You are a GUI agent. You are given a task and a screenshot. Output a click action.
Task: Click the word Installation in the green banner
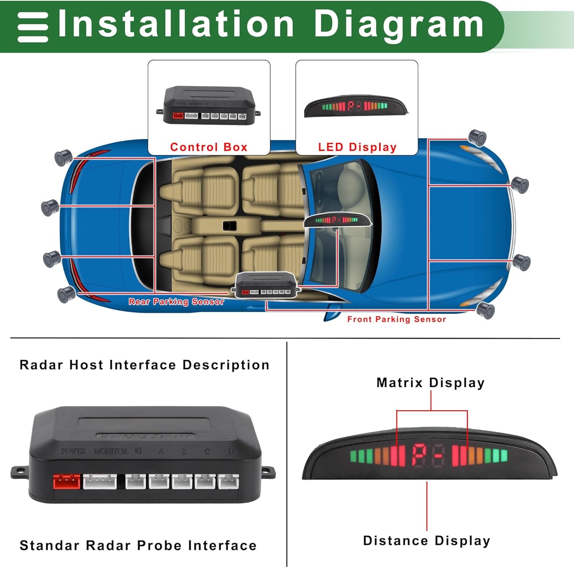click(176, 25)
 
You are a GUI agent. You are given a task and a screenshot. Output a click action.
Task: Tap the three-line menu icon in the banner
click(33, 27)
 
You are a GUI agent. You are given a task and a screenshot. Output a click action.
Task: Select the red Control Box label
click(209, 147)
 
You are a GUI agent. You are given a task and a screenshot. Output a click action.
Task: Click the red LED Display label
click(357, 147)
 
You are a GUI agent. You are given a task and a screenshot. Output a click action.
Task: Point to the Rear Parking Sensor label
click(176, 302)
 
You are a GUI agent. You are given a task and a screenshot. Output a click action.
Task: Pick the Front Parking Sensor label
click(396, 319)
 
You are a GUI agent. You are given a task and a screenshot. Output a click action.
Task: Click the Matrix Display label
click(431, 383)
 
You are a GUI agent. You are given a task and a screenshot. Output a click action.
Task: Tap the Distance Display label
click(427, 541)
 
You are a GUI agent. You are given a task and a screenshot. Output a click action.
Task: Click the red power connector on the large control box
click(66, 482)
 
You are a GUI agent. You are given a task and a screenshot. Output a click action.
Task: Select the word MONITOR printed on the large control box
click(111, 451)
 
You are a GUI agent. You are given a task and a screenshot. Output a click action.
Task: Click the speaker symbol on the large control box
click(138, 451)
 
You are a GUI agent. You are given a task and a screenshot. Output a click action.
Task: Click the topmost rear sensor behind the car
click(63, 157)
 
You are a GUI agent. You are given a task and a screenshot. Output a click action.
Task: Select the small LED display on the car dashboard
click(337, 220)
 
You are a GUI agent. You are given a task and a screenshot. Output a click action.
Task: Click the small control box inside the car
click(266, 285)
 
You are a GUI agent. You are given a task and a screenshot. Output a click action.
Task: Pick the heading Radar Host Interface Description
click(144, 365)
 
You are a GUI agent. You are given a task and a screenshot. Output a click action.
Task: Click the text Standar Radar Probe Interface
click(138, 545)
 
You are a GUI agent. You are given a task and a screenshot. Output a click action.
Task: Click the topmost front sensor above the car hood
click(477, 137)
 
